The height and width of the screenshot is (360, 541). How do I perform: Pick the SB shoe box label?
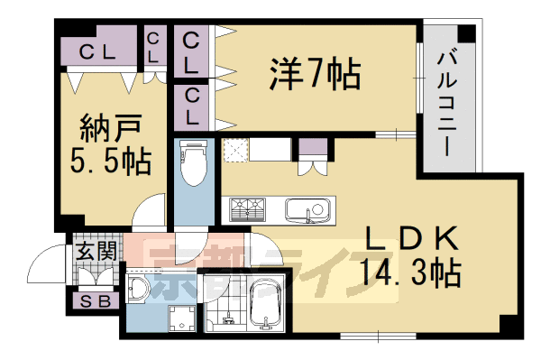tap(95, 301)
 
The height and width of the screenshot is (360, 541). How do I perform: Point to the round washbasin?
tap(138, 289)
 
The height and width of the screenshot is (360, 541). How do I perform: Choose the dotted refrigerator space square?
tap(235, 150)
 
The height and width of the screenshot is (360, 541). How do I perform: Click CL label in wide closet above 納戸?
tap(96, 53)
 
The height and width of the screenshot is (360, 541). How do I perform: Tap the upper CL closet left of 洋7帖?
tap(192, 52)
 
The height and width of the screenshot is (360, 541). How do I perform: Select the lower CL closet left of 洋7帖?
tap(192, 106)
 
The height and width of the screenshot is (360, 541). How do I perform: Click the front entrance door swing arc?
tap(43, 263)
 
